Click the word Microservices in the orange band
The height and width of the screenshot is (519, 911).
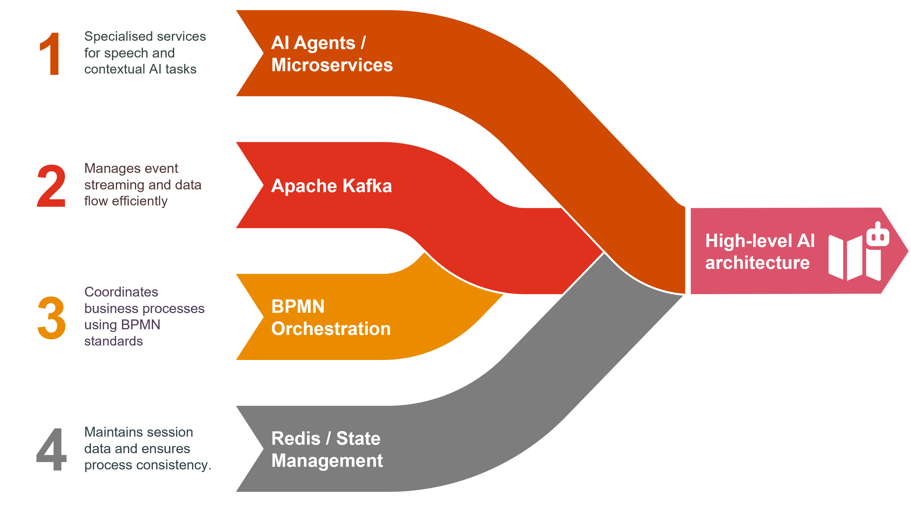(x=332, y=65)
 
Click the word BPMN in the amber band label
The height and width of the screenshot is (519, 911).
(x=298, y=307)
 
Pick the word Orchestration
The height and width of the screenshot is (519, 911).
(x=331, y=329)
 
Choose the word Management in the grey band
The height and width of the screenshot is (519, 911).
(x=327, y=461)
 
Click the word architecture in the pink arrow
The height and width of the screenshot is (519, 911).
(x=757, y=263)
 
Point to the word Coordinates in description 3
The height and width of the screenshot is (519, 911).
(x=121, y=292)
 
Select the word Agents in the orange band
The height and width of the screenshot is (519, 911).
(x=324, y=43)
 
